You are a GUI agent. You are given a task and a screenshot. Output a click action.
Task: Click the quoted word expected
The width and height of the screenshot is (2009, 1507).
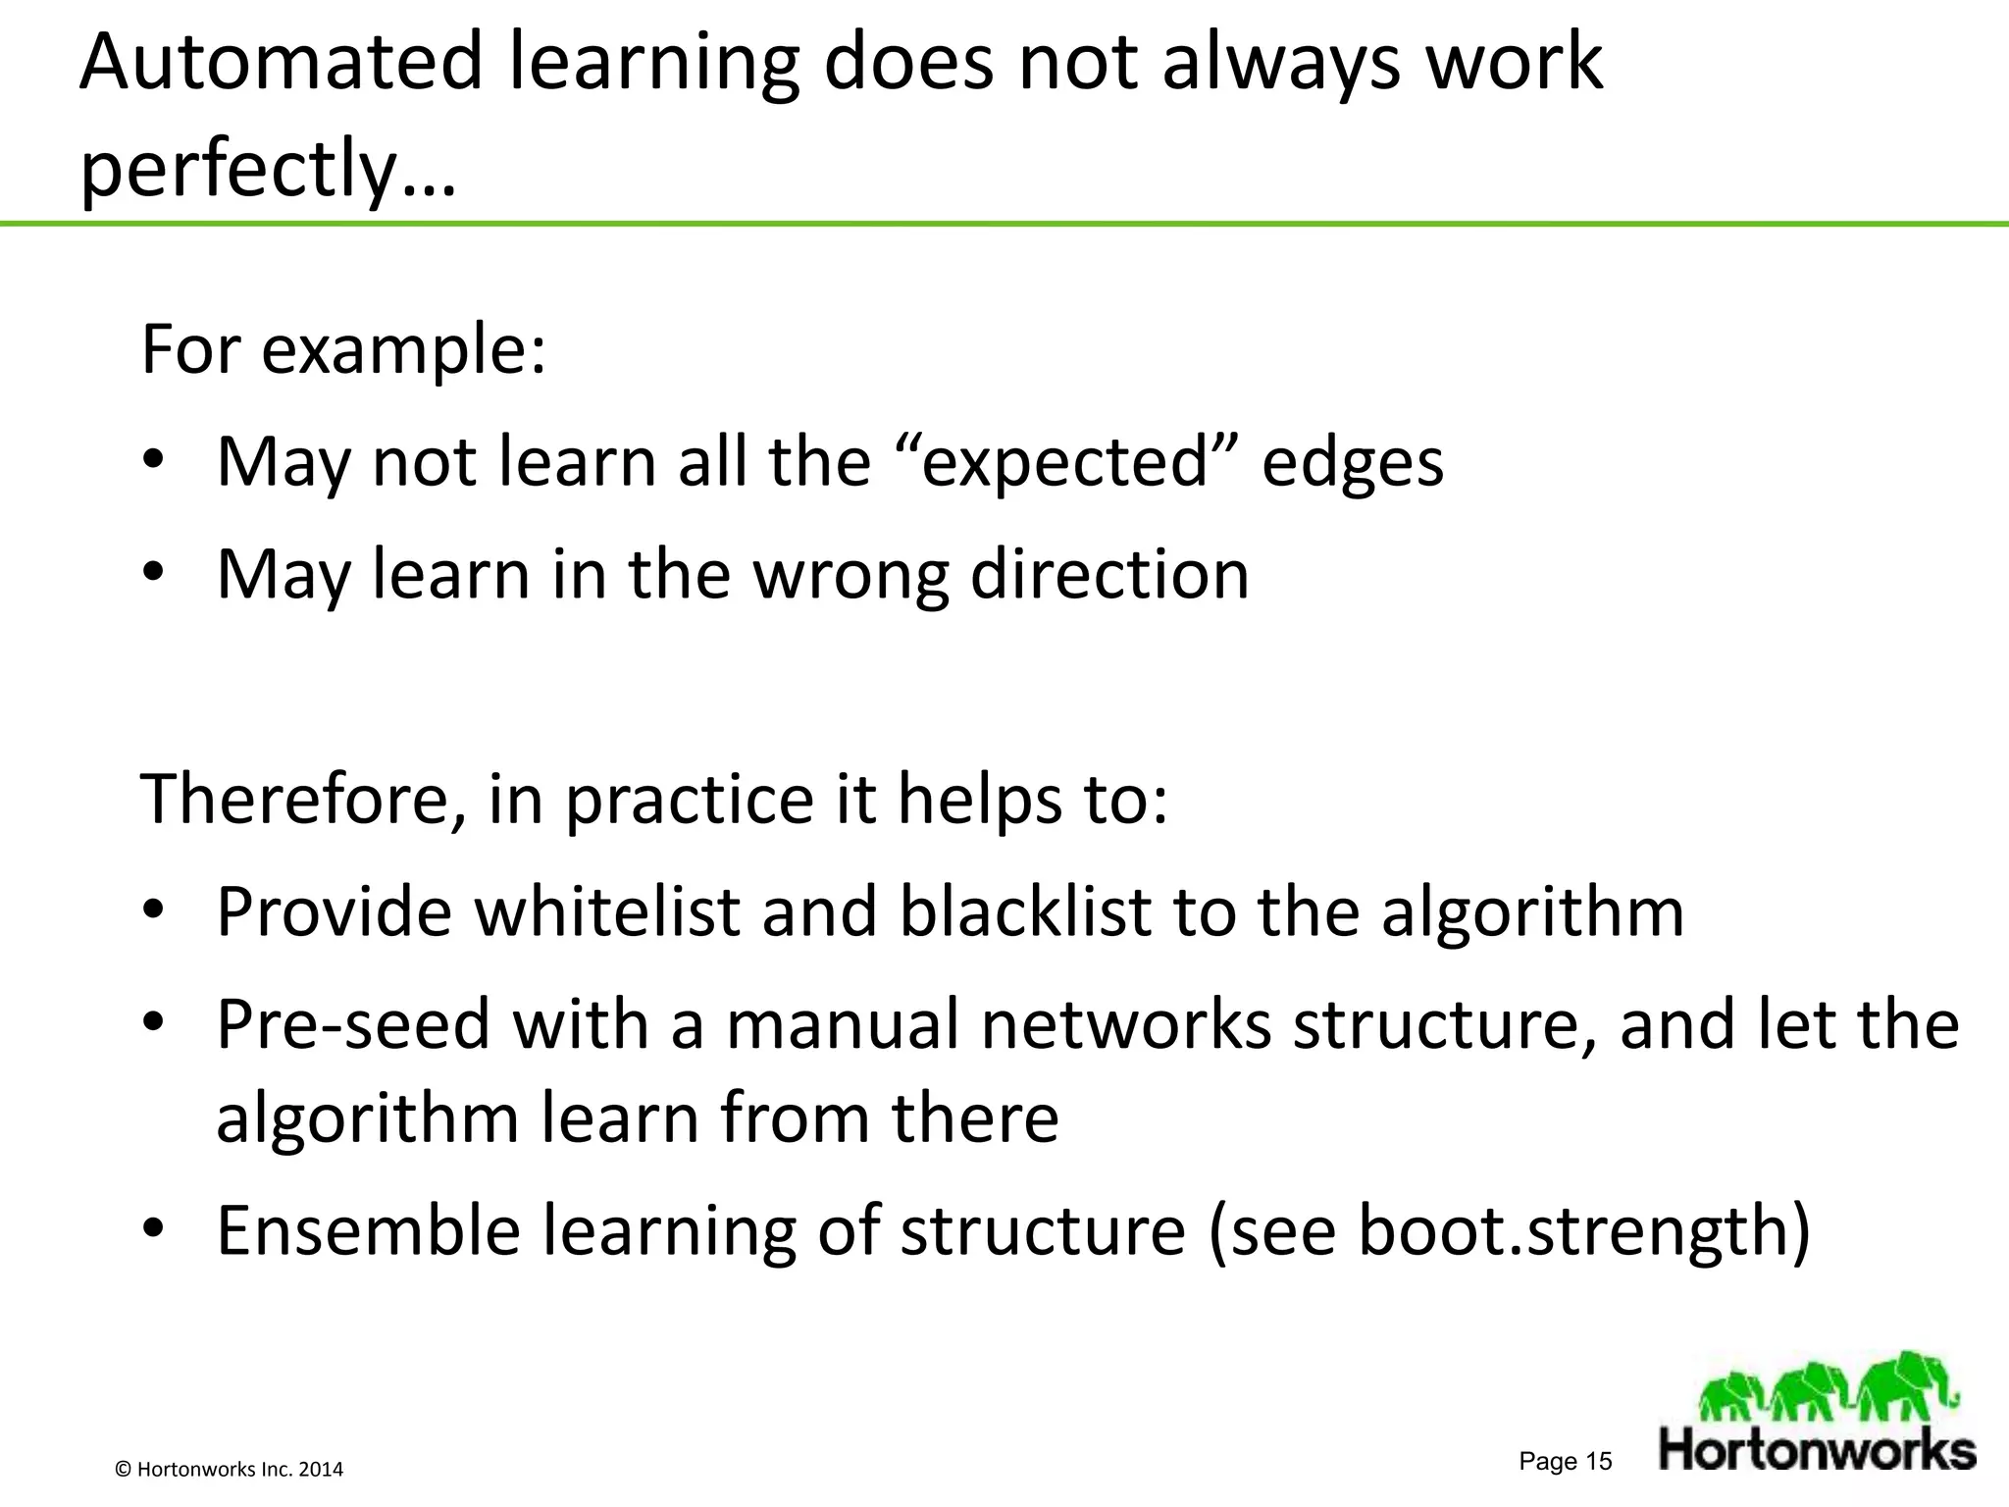pyautogui.click(x=1065, y=463)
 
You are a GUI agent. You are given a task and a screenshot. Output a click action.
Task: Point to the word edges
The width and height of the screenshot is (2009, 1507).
pyautogui.click(x=1352, y=463)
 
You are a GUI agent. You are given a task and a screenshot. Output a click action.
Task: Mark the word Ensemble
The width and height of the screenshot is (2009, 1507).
pyautogui.click(x=368, y=1230)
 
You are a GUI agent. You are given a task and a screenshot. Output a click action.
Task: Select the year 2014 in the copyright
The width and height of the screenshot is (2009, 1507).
pyautogui.click(x=321, y=1470)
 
